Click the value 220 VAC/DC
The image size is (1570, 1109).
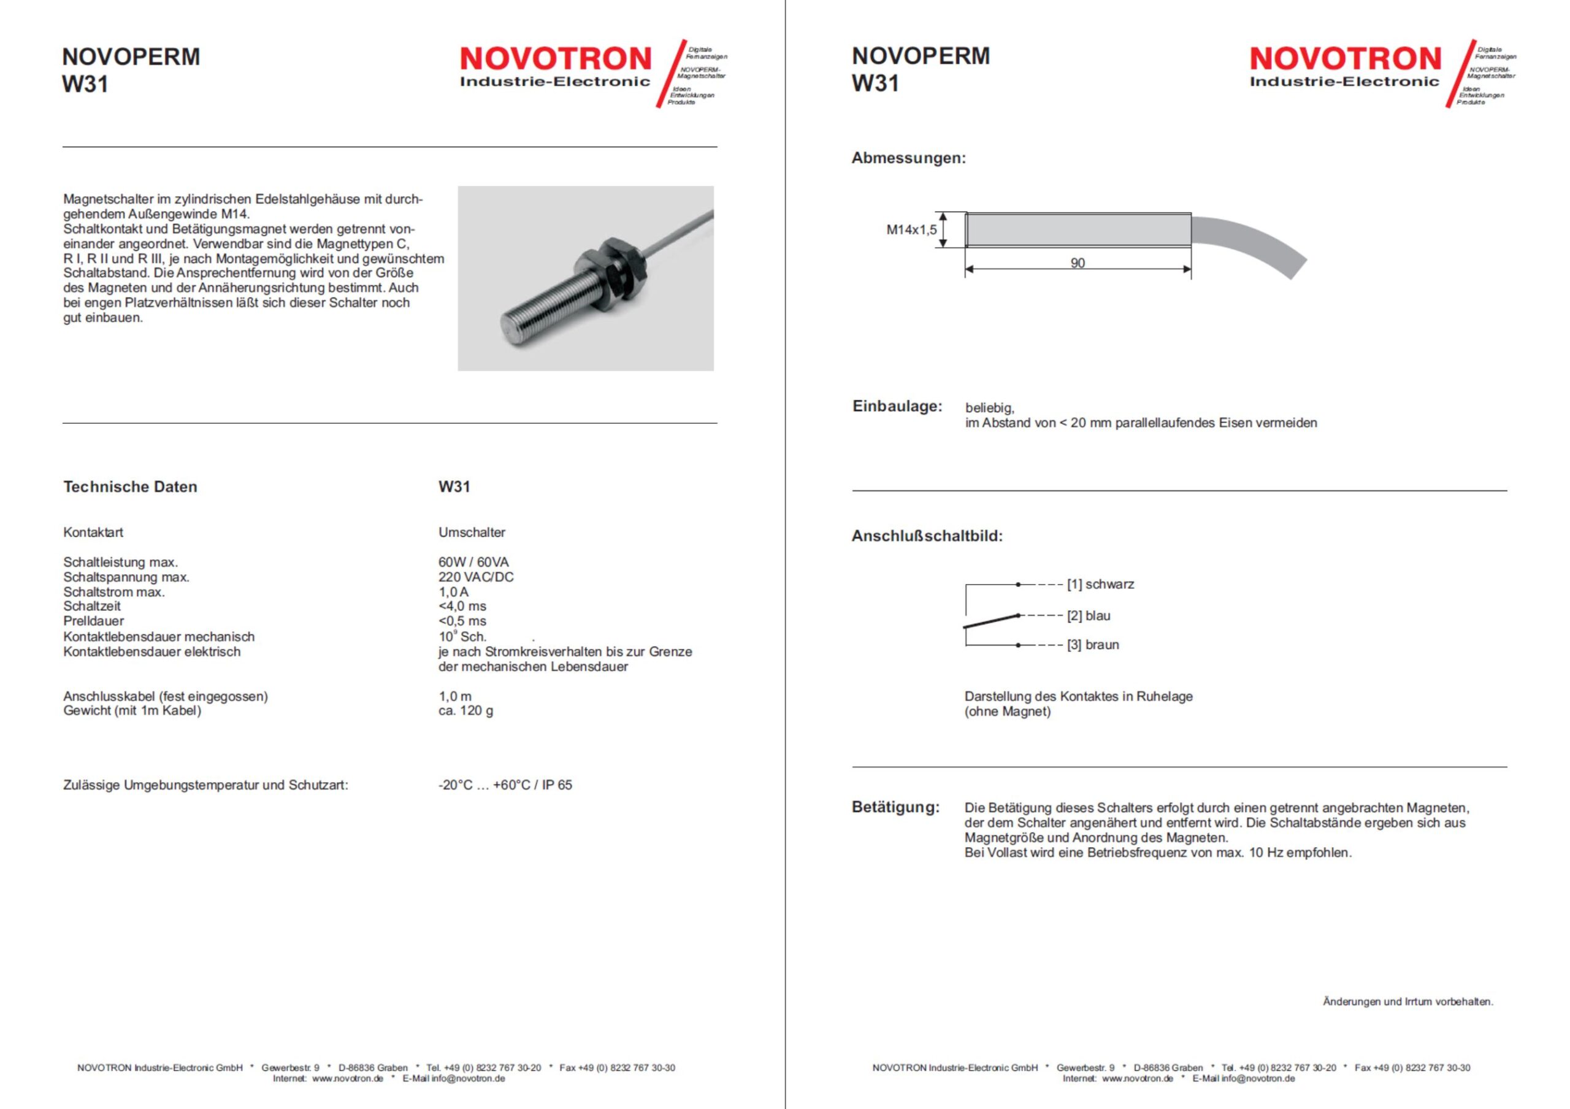[x=475, y=577]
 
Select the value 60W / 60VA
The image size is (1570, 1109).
[x=473, y=562]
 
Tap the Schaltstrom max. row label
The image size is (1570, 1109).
[x=113, y=592]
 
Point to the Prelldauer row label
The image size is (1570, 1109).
[x=94, y=621]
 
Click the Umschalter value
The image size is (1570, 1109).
[x=471, y=532]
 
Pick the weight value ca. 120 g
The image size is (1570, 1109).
[x=465, y=711]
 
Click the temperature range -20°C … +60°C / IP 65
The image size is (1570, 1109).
[x=505, y=785]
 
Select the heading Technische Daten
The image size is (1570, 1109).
[x=130, y=487]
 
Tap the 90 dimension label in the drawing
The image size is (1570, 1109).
[x=1077, y=263]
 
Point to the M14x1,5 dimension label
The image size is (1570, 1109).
[x=911, y=230]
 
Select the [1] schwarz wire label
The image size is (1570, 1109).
[x=1100, y=585]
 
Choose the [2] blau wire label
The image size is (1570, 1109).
[x=1089, y=616]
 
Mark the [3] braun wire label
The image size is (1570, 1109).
[x=1093, y=645]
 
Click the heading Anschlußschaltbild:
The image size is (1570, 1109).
[x=927, y=536]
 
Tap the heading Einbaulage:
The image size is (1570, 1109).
[x=897, y=406]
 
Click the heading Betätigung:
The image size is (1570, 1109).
[x=895, y=807]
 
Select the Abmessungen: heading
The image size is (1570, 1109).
[x=908, y=158]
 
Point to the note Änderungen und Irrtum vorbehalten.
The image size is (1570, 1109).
[x=1407, y=1002]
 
